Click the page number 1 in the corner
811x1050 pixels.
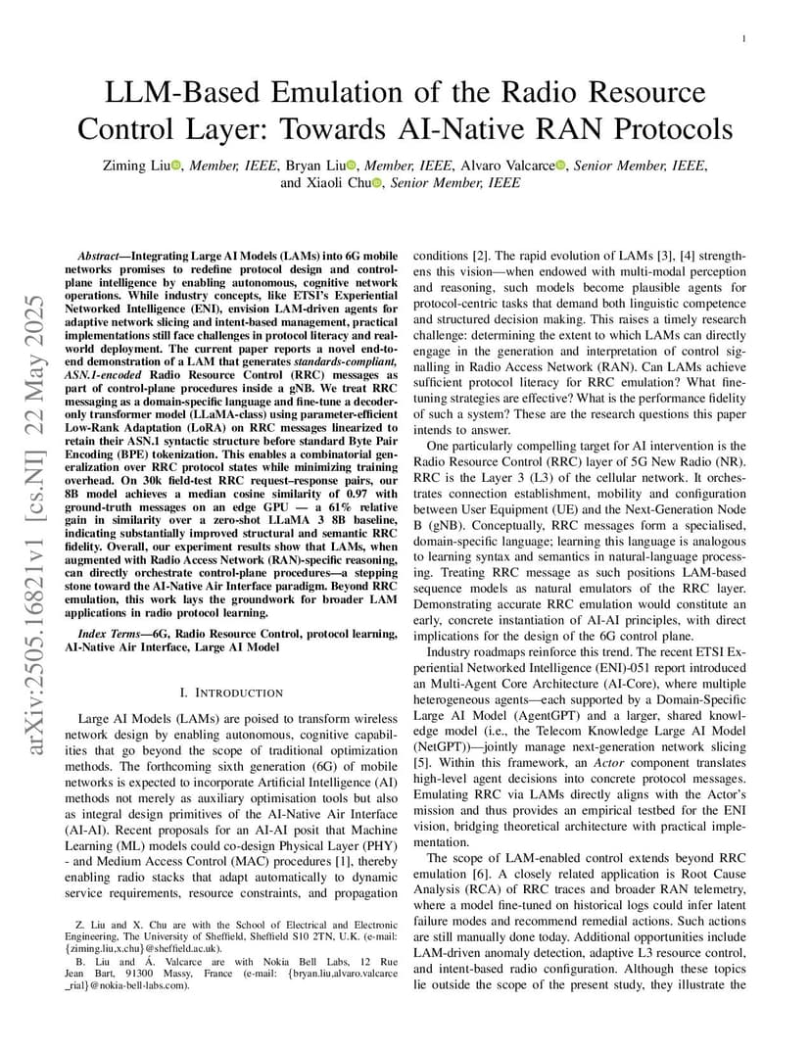(744, 38)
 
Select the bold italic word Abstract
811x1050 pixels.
(99, 254)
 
